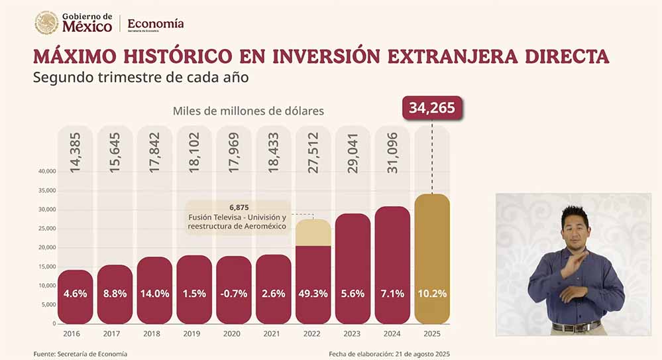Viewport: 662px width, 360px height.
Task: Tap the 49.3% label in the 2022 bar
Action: [x=313, y=294]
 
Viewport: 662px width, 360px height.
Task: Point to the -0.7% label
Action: [x=233, y=294]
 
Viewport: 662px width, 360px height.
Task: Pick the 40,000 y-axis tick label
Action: [x=46, y=171]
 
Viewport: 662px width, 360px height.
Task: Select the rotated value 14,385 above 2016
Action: [x=75, y=155]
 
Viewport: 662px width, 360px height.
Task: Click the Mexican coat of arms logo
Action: [x=46, y=23]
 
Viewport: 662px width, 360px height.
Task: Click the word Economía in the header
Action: [x=156, y=23]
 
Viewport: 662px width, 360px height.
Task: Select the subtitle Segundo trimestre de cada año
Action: [x=140, y=77]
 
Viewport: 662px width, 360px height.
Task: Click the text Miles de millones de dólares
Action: [x=248, y=111]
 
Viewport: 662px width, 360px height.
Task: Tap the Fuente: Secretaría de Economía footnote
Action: [x=80, y=353]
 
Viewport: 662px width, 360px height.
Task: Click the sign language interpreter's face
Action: [x=574, y=227]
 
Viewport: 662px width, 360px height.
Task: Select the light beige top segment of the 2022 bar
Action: [x=313, y=232]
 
